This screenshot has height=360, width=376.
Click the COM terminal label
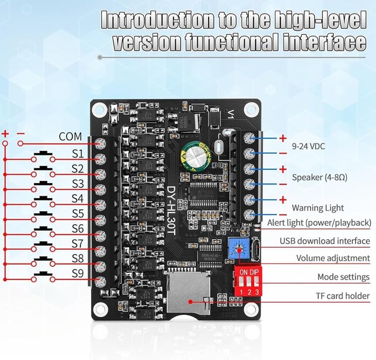pos(70,137)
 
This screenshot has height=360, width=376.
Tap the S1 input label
pos(78,154)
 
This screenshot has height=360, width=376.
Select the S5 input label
pos(78,214)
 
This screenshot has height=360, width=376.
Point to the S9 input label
pos(78,273)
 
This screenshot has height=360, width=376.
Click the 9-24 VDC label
pos(308,146)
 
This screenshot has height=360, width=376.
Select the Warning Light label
pos(318,207)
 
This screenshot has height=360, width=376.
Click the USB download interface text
pos(325,241)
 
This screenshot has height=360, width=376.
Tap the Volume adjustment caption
pos(333,258)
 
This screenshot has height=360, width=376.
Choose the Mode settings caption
pos(343,277)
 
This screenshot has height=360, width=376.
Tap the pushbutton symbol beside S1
pos(43,155)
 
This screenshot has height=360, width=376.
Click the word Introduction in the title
pos(152,21)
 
